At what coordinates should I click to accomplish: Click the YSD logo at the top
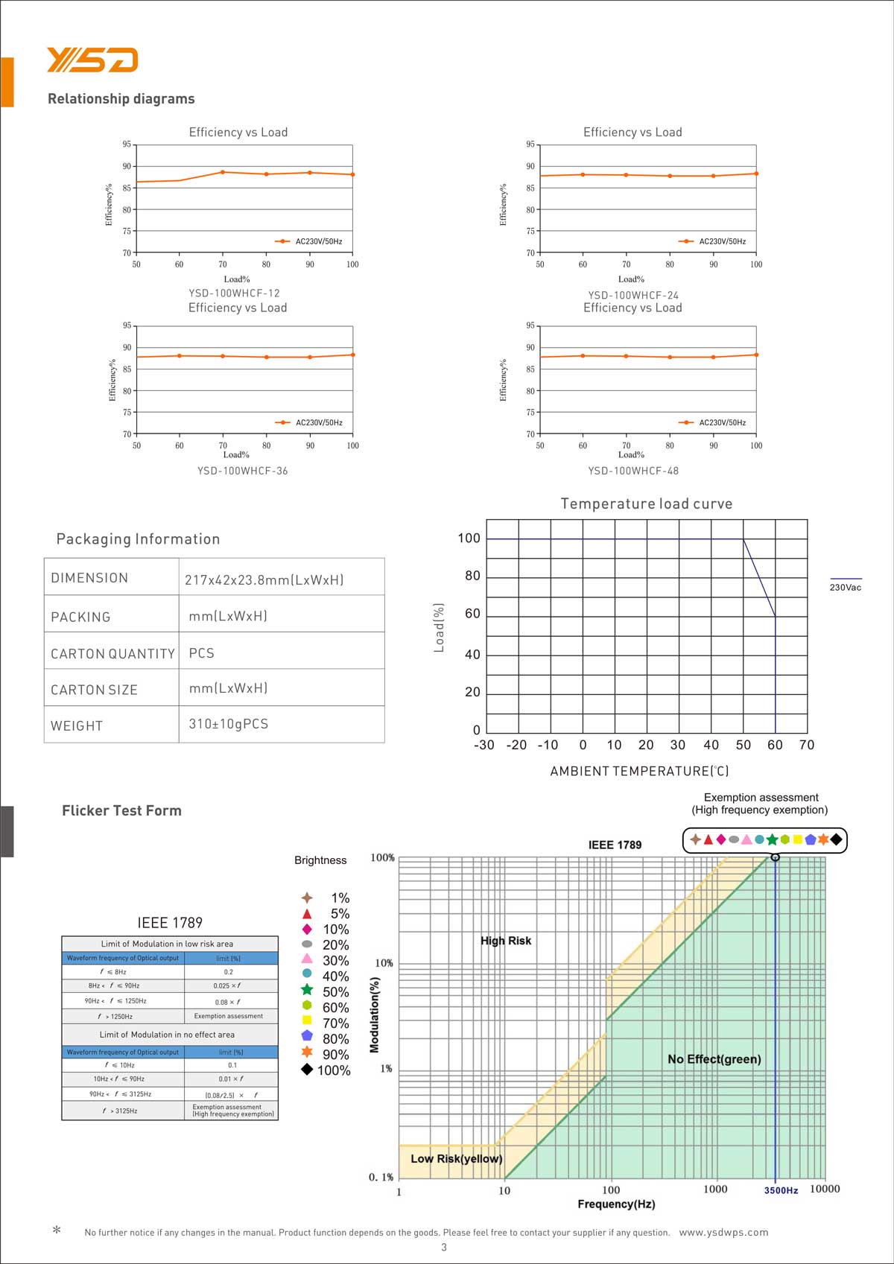click(x=92, y=60)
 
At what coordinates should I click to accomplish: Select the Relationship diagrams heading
click(x=121, y=99)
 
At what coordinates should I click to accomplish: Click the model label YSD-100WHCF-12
click(x=234, y=293)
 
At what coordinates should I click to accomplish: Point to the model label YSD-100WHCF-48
click(x=633, y=471)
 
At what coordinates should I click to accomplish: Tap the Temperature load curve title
click(x=646, y=504)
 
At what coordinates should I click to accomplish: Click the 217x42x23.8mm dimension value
click(x=264, y=579)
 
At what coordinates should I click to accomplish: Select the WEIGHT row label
click(x=77, y=726)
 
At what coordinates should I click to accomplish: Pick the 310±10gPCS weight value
click(x=228, y=724)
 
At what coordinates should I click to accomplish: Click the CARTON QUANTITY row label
click(x=112, y=654)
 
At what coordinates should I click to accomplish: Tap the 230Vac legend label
click(x=845, y=588)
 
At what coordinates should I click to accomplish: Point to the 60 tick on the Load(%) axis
click(x=472, y=614)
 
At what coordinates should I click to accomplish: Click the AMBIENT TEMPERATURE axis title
click(x=639, y=772)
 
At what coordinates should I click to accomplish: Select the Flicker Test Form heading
click(x=121, y=811)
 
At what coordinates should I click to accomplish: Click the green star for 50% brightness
click(x=307, y=990)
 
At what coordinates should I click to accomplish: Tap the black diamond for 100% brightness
click(x=307, y=1070)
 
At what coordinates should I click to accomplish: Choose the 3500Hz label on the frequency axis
click(x=781, y=1190)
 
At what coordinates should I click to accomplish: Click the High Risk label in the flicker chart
click(x=506, y=941)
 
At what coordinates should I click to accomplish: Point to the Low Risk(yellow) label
click(x=456, y=1159)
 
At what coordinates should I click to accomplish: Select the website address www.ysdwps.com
click(x=723, y=1233)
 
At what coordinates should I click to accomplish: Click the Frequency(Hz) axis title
click(x=616, y=1204)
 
